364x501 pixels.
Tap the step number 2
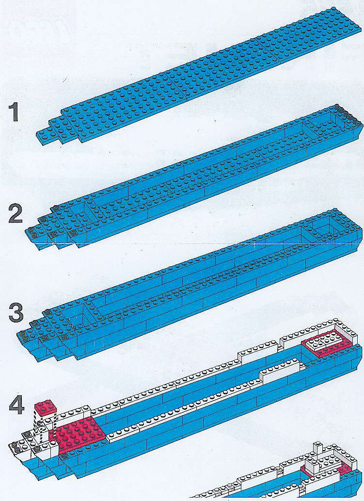click(x=16, y=213)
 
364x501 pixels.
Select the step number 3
click(x=16, y=313)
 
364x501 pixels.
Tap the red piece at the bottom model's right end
click(x=343, y=467)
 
